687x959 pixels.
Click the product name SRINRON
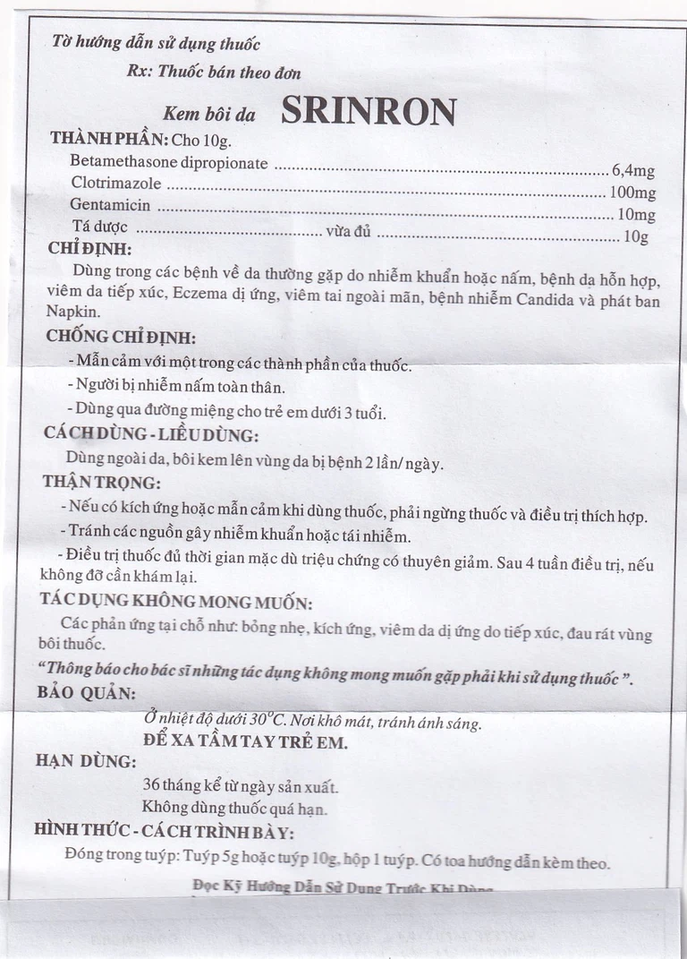(369, 110)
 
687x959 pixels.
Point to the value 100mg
(632, 193)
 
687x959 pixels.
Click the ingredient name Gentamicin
(110, 205)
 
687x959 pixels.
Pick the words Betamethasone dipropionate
(169, 163)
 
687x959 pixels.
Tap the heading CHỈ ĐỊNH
(89, 249)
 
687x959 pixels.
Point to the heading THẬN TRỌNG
(101, 481)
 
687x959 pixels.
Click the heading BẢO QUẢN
(86, 693)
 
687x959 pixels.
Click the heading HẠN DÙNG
(85, 761)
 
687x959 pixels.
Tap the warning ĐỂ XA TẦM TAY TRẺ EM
(245, 741)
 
